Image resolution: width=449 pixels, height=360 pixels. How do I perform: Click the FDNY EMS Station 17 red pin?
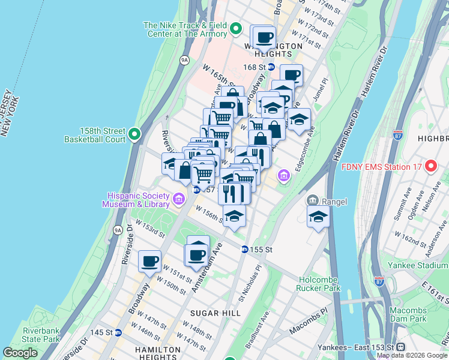pos(430,166)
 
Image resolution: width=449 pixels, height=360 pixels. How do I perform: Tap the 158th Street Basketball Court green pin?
pos(134,134)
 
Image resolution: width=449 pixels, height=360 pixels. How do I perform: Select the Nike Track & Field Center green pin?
pos(237,29)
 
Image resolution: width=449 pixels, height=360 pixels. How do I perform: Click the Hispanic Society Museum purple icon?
pos(178,199)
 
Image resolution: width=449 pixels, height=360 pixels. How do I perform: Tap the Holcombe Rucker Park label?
pos(318,283)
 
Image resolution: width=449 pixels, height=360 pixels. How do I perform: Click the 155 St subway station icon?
pos(245,249)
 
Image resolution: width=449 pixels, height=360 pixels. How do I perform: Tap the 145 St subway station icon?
pos(118,332)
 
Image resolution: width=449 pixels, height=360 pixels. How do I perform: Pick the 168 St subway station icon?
pos(271,67)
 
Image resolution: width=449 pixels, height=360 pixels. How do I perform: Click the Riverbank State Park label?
pos(41,335)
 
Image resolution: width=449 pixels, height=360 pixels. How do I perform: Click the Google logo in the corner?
pos(20,353)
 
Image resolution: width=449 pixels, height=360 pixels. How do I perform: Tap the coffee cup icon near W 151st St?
pos(150,261)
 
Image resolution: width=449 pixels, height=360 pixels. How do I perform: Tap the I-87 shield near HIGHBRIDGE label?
pos(397,135)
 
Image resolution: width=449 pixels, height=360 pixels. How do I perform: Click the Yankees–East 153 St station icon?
pos(400,347)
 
